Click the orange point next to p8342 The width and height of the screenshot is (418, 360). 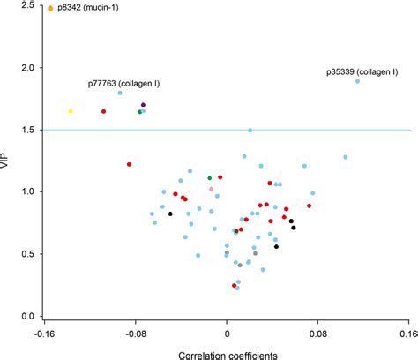pyautogui.click(x=50, y=8)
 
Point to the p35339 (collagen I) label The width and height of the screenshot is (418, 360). pyautogui.click(x=362, y=68)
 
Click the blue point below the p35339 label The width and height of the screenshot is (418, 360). pyautogui.click(x=357, y=81)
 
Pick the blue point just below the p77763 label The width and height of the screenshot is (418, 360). pyautogui.click(x=120, y=93)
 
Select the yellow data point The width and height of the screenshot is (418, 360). pyautogui.click(x=71, y=111)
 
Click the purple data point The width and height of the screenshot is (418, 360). pyautogui.click(x=143, y=105)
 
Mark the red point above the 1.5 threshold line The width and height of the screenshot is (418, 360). pyautogui.click(x=103, y=111)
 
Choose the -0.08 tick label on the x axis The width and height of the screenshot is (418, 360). pyautogui.click(x=134, y=334)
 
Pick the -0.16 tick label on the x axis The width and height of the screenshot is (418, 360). pyautogui.click(x=43, y=334)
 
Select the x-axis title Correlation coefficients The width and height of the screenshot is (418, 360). pyautogui.click(x=228, y=353)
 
